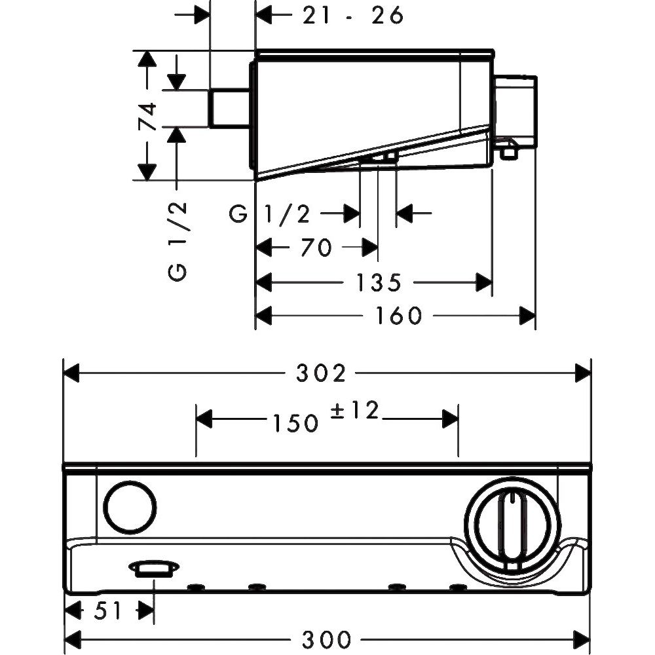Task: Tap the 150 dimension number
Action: tap(292, 423)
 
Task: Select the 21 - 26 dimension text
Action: tap(352, 15)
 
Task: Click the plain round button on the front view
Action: tap(130, 508)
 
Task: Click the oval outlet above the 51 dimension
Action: tap(154, 568)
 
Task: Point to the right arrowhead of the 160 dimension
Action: tap(527, 316)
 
